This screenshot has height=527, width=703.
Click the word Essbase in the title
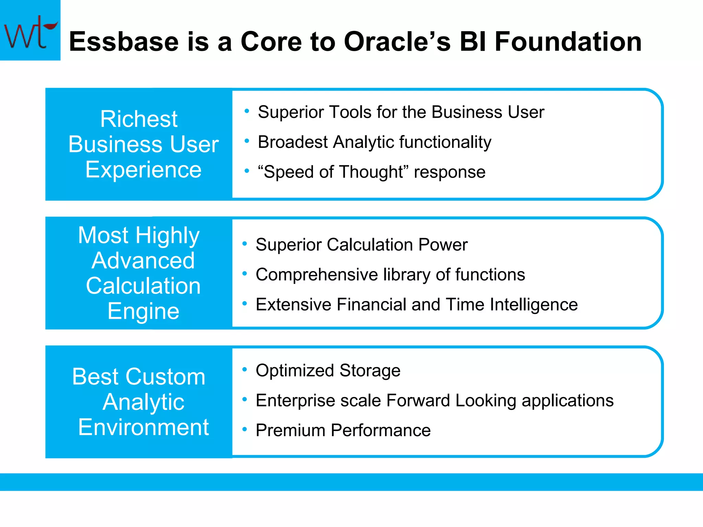point(124,42)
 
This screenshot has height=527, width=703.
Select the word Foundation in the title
point(568,42)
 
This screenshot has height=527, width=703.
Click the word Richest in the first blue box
point(139,119)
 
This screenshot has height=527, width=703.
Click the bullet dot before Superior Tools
point(246,111)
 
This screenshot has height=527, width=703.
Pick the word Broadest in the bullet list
point(292,142)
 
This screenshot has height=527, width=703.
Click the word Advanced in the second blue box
point(143,261)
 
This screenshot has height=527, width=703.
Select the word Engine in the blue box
point(143,311)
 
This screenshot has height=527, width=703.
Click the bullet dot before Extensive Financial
point(244,303)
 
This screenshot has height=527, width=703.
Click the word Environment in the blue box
point(143,428)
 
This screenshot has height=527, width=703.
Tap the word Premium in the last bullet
point(290,430)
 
